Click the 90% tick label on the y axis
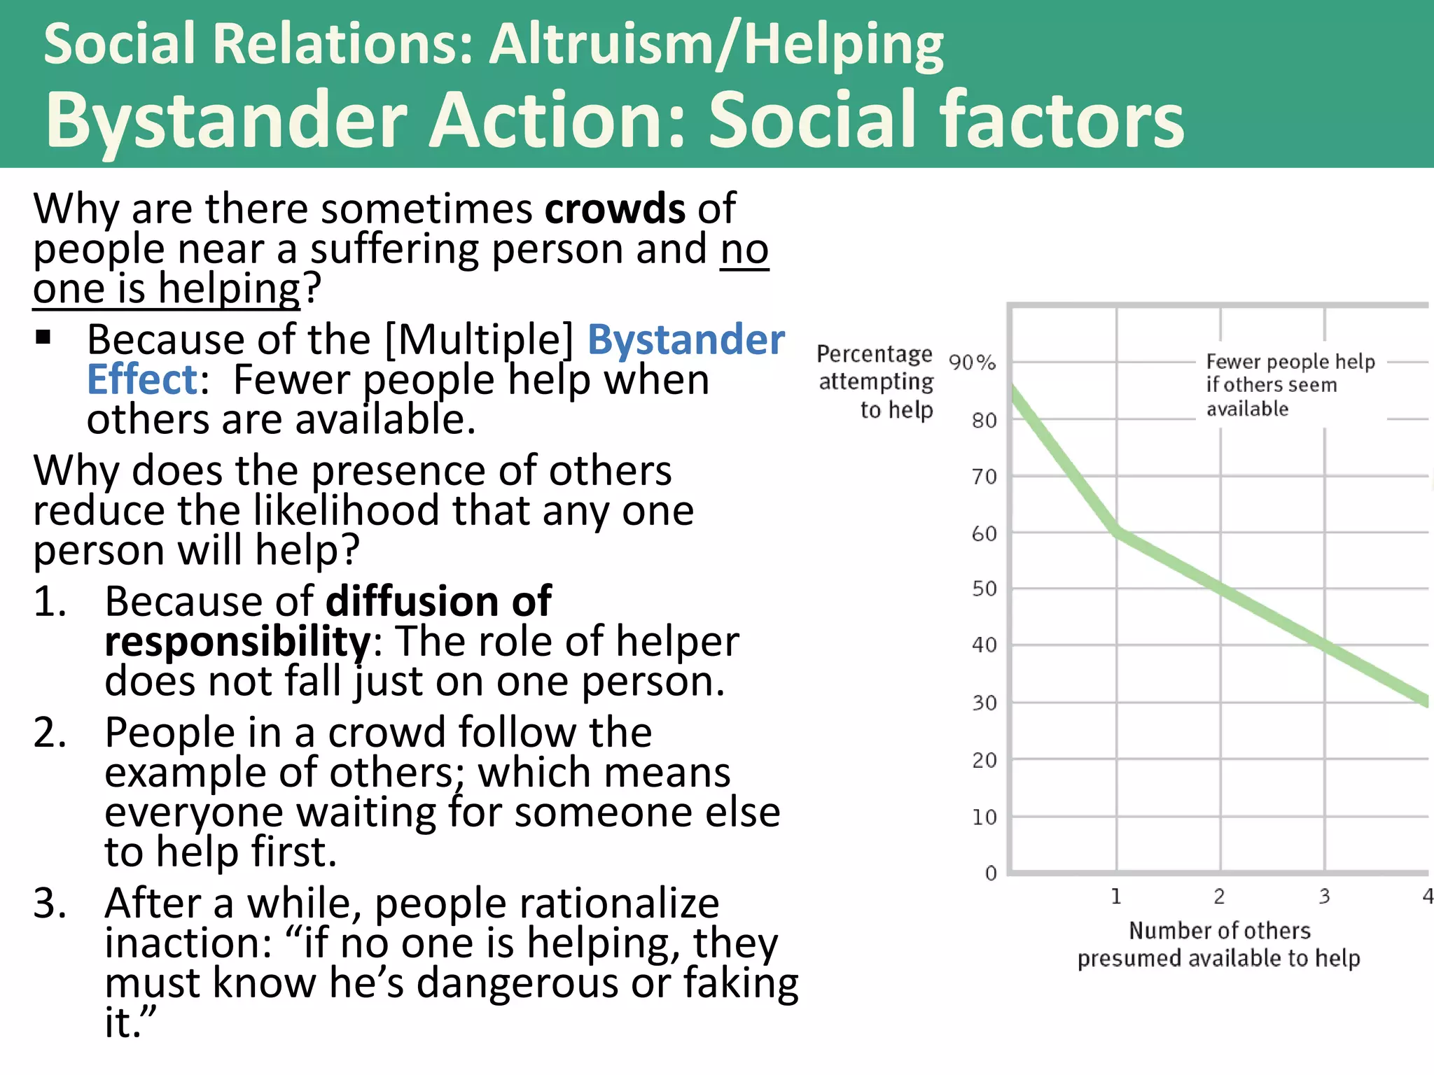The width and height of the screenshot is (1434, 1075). point(972,363)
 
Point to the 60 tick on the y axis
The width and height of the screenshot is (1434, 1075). point(984,534)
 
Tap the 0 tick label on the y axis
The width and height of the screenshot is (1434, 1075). point(991,873)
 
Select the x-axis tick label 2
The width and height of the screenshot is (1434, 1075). point(1219,897)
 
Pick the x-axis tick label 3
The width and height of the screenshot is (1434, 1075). point(1324,897)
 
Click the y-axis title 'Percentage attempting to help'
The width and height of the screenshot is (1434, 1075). point(875,381)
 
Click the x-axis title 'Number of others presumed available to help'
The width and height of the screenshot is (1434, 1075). point(1219,944)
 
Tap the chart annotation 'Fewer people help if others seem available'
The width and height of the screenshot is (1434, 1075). point(1290,385)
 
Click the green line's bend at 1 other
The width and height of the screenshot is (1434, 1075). point(1117,532)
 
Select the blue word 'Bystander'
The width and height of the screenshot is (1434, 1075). point(685,340)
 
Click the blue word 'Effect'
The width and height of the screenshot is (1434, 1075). point(143,380)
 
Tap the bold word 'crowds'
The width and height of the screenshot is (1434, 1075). point(615,209)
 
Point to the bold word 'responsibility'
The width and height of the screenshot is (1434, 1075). point(237,642)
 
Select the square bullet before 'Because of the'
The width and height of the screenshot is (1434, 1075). point(43,338)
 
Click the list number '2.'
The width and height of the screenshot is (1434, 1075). point(50,733)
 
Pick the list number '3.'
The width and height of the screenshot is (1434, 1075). point(50,904)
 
